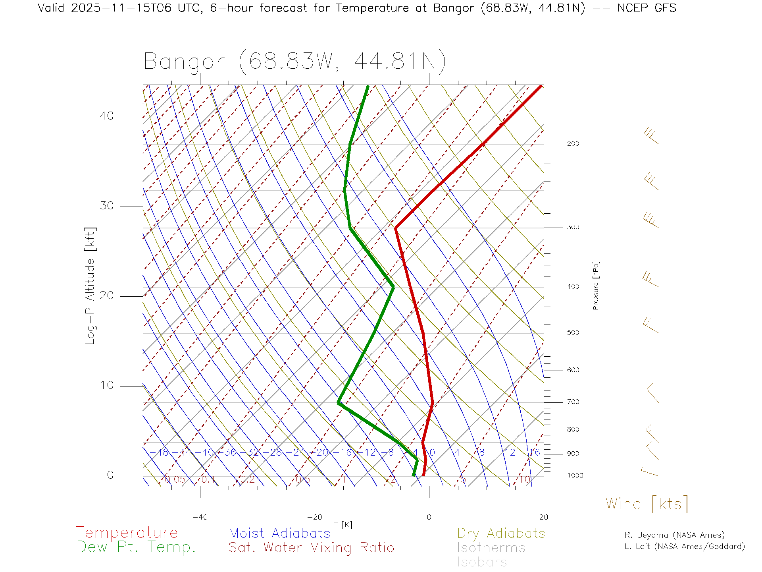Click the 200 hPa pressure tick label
(x=573, y=143)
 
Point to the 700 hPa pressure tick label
(x=573, y=402)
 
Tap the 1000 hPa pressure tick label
(x=575, y=475)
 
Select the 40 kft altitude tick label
(x=106, y=116)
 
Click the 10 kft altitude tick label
(x=106, y=385)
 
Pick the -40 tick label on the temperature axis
(x=200, y=517)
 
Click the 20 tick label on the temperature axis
(x=543, y=517)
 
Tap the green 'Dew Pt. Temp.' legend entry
(x=136, y=547)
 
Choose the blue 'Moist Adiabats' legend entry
(x=279, y=533)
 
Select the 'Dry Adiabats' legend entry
(x=501, y=533)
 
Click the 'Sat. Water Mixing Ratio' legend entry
(x=311, y=548)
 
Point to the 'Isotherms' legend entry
(x=491, y=548)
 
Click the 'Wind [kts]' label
(x=647, y=504)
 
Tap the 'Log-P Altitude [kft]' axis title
(x=90, y=286)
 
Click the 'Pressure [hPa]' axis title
(x=596, y=285)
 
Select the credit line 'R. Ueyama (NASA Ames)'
(x=674, y=535)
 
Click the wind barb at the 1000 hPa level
(x=650, y=472)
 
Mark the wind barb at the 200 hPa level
(x=651, y=136)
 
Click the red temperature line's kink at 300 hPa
(x=396, y=228)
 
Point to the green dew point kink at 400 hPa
(x=393, y=287)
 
